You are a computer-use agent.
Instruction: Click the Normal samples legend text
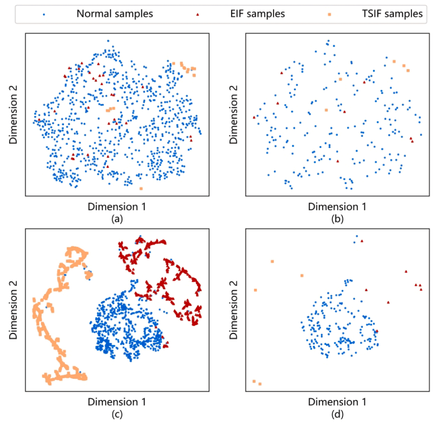coord(115,14)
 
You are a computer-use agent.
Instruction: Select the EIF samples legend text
coord(257,14)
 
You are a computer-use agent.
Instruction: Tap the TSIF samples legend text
coord(392,14)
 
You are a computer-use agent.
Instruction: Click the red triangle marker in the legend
coord(198,15)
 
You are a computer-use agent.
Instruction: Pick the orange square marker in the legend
coord(329,15)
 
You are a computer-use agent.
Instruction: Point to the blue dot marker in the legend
coord(44,15)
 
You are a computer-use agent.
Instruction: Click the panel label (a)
coord(117,218)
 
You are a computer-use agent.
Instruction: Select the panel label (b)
coord(337,218)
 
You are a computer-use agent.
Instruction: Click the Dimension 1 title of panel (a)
coord(117,207)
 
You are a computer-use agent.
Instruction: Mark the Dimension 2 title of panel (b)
coord(233,115)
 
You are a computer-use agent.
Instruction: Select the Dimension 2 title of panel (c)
coord(13,310)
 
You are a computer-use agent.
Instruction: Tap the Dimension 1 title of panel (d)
coord(337,402)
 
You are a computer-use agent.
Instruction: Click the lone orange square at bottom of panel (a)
coord(141,188)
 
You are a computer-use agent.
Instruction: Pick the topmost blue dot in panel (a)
coord(108,41)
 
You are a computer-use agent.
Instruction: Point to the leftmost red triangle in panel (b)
coord(254,117)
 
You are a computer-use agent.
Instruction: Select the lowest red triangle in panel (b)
coord(338,161)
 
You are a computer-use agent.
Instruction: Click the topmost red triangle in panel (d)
coord(362,241)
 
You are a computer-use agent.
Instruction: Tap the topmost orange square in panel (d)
coord(272,261)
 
